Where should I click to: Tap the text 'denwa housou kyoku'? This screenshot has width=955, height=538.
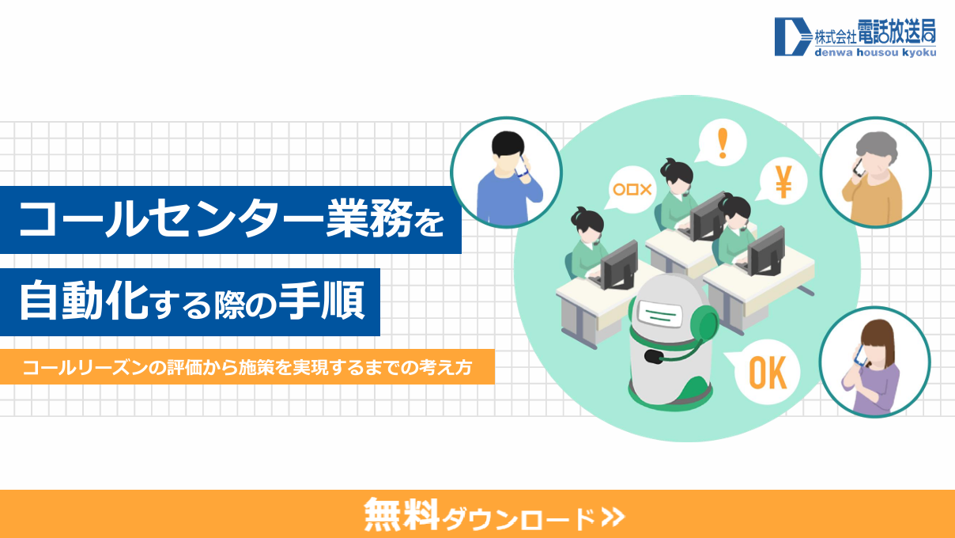pyautogui.click(x=875, y=52)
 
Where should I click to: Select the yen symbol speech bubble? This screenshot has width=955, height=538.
pyautogui.click(x=783, y=181)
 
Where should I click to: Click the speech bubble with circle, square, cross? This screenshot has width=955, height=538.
pyautogui.click(x=631, y=189)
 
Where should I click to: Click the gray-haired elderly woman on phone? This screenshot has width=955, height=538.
pyautogui.click(x=874, y=178)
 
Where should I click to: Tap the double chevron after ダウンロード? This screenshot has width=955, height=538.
pyautogui.click(x=613, y=517)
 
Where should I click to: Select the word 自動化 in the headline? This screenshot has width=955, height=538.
pyautogui.click(x=84, y=301)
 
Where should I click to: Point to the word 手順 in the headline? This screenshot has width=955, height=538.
pyautogui.click(x=322, y=301)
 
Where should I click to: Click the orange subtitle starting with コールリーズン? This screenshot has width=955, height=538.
pyautogui.click(x=247, y=367)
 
